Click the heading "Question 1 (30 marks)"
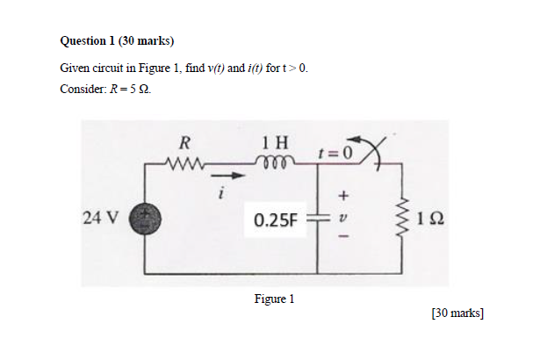tap(118, 40)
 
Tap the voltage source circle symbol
tap(141, 218)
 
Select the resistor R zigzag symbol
tap(184, 161)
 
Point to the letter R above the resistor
tap(185, 141)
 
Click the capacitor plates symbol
tap(317, 218)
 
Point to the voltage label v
tap(344, 217)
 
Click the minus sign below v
tap(344, 236)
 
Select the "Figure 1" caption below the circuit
tap(274, 299)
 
